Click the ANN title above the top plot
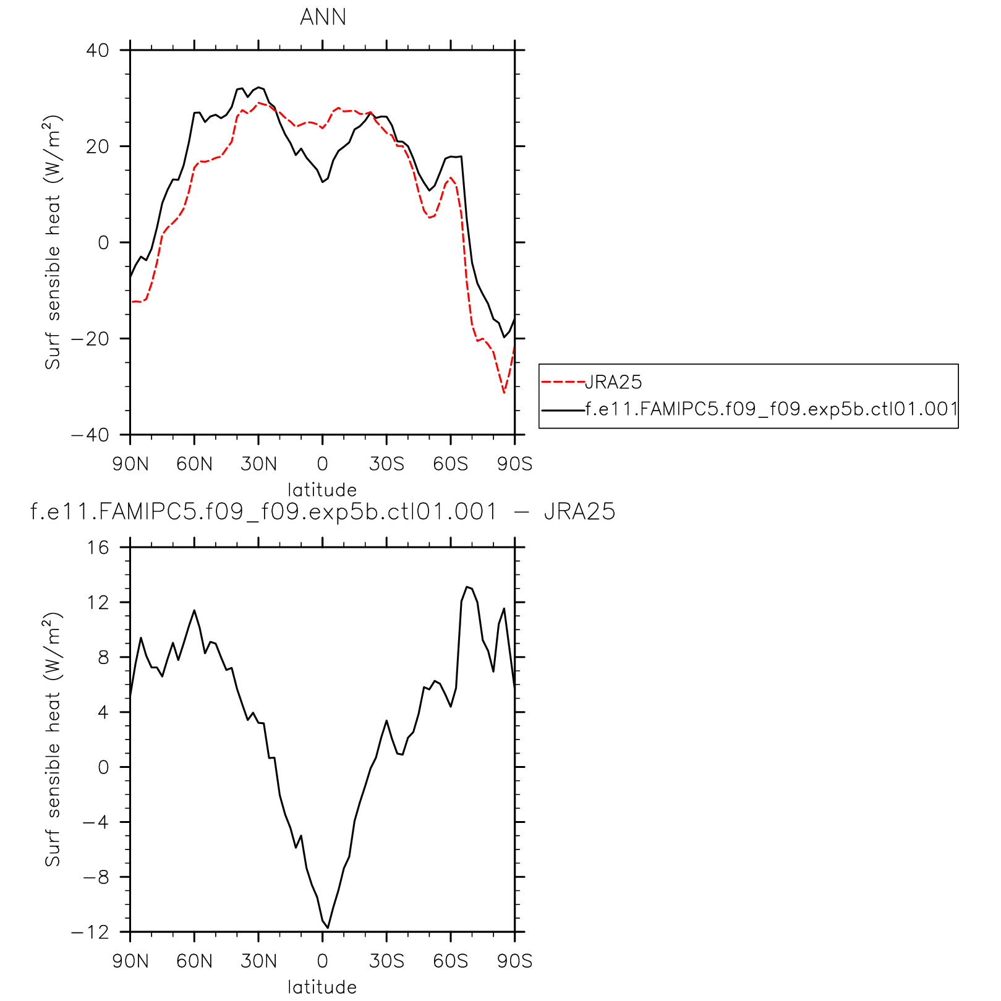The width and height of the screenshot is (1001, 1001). (x=323, y=17)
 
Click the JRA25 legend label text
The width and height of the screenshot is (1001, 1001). (x=613, y=382)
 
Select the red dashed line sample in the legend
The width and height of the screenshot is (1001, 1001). (x=563, y=382)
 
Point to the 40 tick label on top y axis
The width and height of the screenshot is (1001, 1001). (x=97, y=50)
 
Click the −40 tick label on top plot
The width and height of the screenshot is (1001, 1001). (x=90, y=435)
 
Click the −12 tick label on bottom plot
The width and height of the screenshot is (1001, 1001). (x=90, y=932)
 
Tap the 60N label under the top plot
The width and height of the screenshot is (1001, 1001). (x=194, y=464)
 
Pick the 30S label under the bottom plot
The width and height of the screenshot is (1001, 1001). (x=387, y=961)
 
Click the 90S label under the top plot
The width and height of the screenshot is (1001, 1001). (x=514, y=464)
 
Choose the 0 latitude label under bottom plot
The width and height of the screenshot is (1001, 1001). (x=322, y=961)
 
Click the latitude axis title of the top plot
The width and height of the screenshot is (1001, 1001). (x=322, y=490)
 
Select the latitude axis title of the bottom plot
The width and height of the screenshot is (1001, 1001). (x=322, y=987)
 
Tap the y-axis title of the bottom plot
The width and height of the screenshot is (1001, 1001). (x=53, y=739)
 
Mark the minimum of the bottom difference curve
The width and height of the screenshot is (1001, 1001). (x=328, y=927)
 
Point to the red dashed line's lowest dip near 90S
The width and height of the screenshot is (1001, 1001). (x=504, y=393)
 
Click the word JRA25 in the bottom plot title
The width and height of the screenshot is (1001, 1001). (x=579, y=512)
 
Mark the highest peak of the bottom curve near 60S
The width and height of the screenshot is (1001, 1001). (x=467, y=587)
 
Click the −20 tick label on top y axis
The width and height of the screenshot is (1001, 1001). (x=90, y=339)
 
